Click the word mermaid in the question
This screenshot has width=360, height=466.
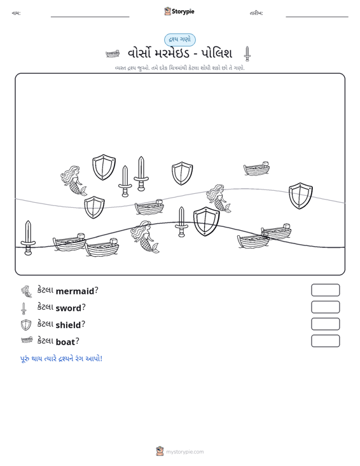(x=75, y=291)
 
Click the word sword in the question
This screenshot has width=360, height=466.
(x=68, y=308)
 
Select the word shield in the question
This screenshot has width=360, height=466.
(x=68, y=325)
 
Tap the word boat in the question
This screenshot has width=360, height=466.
(x=66, y=342)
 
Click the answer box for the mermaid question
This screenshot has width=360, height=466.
(x=325, y=290)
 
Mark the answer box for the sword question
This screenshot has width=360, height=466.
(x=325, y=307)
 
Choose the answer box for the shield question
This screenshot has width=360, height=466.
(x=325, y=324)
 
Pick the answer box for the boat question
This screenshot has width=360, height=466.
(x=325, y=341)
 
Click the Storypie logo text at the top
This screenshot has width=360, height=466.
(x=183, y=11)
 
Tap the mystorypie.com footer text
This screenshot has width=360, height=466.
(x=184, y=452)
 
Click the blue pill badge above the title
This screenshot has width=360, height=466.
(x=180, y=40)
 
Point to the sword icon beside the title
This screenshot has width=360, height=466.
(x=247, y=54)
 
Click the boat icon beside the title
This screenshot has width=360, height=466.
(x=113, y=54)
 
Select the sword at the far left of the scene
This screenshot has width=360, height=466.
(x=28, y=238)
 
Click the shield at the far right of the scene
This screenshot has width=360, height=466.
(x=301, y=196)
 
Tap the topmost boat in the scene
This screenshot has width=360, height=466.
(x=256, y=169)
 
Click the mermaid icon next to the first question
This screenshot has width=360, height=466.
(x=27, y=292)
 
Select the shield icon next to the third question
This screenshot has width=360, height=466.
(x=26, y=325)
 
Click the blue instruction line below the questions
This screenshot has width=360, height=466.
(x=61, y=359)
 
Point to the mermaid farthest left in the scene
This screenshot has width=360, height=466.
(x=73, y=181)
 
